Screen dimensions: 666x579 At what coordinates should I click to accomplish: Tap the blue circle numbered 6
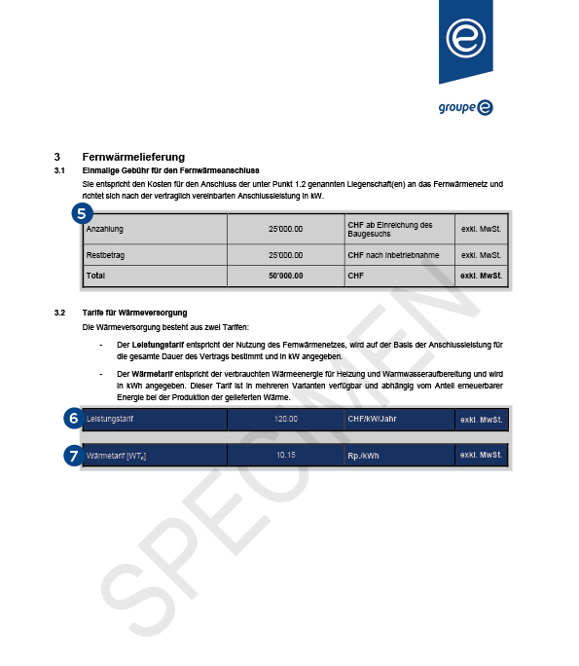tap(71, 419)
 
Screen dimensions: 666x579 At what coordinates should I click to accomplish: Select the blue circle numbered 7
tap(71, 455)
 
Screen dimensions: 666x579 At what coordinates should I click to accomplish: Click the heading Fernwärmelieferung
tap(133, 157)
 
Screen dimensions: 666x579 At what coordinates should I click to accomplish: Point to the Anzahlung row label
tap(105, 229)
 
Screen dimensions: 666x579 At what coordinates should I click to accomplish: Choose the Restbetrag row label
tap(105, 255)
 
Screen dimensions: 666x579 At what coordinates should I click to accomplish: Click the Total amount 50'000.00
tap(285, 276)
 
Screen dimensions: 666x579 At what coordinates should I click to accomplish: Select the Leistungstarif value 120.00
tap(285, 420)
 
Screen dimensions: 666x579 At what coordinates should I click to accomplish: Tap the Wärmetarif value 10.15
tap(285, 455)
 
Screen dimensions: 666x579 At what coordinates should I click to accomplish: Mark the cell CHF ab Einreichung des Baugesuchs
tap(389, 229)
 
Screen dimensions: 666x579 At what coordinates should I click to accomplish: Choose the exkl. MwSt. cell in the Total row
tap(481, 276)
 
